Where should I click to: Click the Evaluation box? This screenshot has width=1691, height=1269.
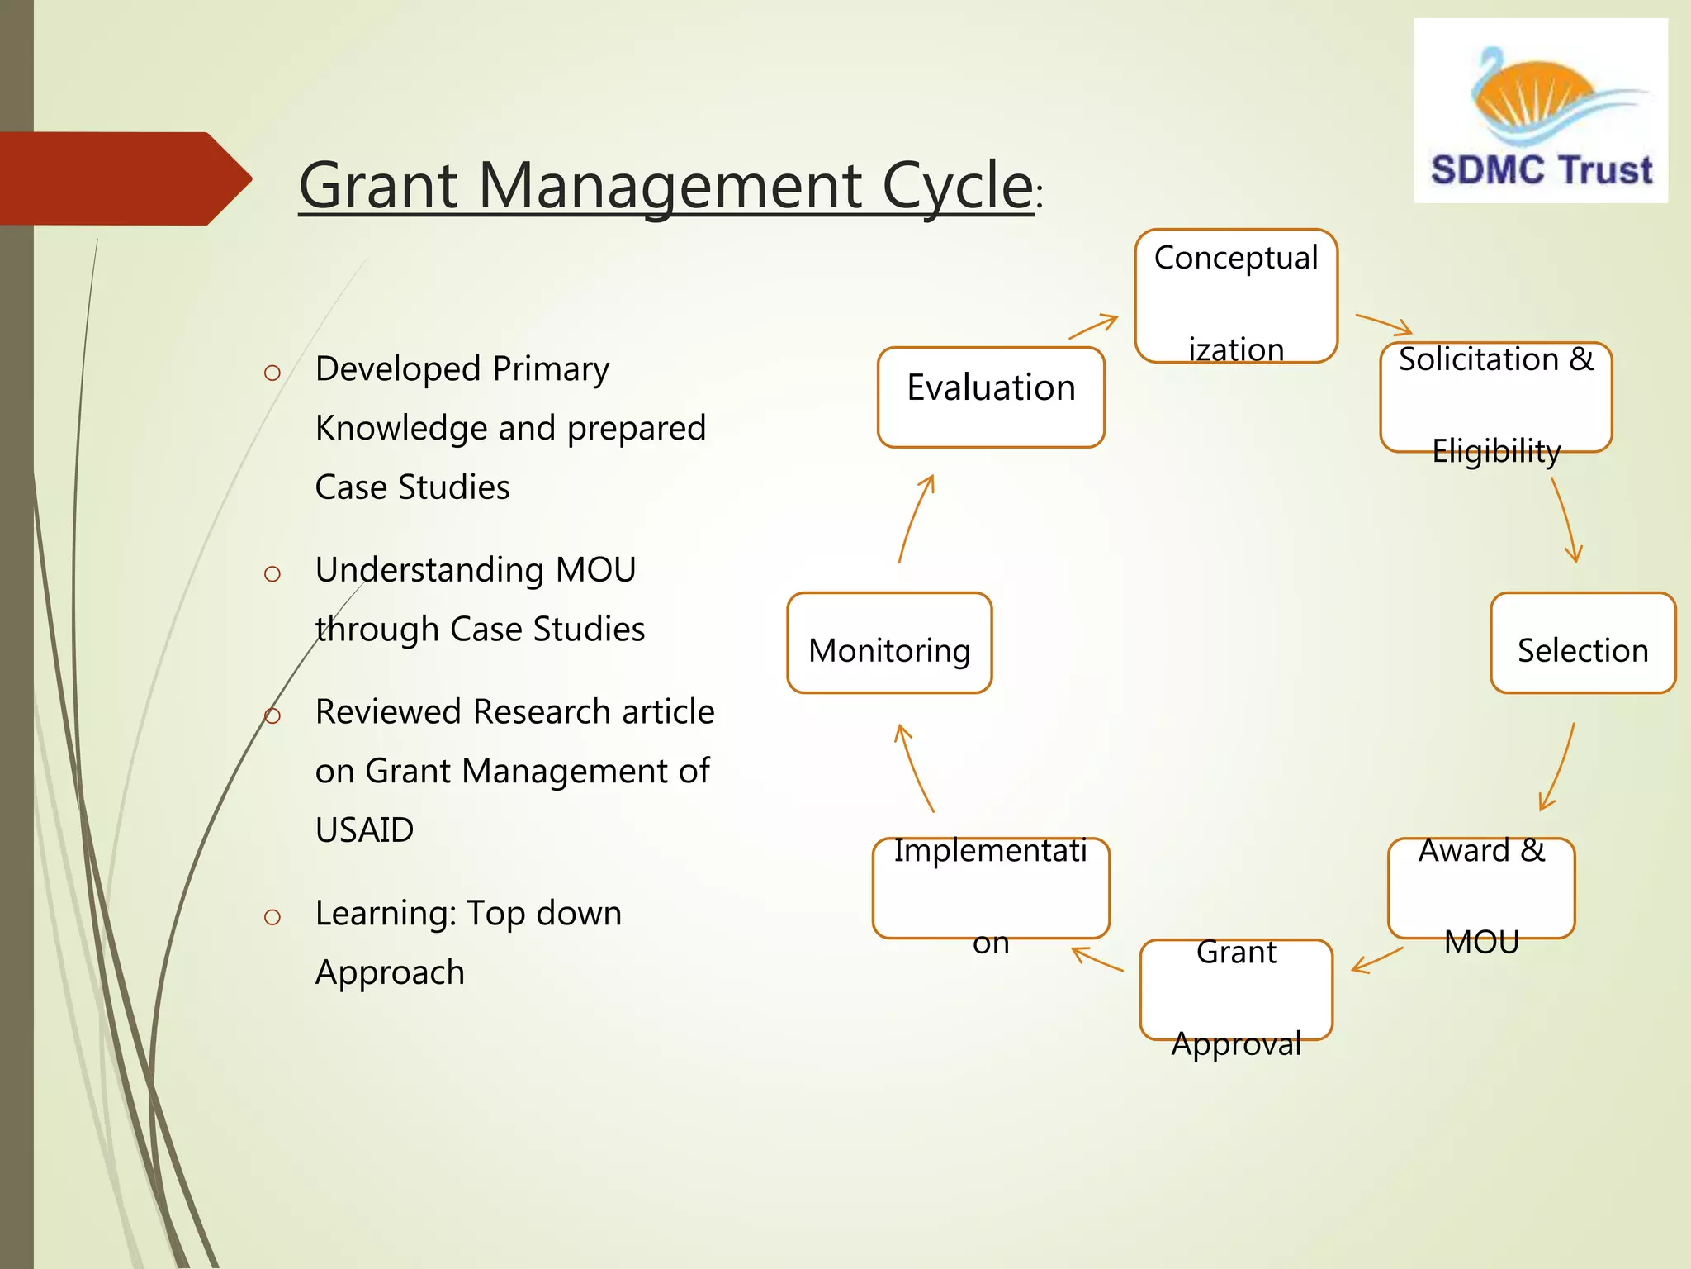[991, 397]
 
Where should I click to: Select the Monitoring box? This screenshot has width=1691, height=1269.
[889, 643]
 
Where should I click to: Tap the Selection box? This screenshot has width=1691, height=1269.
[1582, 643]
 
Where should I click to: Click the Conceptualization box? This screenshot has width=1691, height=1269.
[1236, 296]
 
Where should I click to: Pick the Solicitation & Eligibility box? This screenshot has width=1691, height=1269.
[1495, 397]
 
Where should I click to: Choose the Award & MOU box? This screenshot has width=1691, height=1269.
[1481, 888]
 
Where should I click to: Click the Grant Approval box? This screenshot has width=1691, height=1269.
[1236, 990]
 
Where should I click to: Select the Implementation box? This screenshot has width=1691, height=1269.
[991, 888]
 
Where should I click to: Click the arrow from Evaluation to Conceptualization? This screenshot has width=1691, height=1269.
[1094, 326]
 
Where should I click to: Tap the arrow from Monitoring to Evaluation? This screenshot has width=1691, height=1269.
[914, 518]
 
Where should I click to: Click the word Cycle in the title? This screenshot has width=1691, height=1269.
[957, 186]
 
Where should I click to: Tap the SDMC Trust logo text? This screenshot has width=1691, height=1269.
[1541, 170]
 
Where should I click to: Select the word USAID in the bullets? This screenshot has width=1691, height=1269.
[364, 829]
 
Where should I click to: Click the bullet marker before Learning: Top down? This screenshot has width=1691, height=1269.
[272, 916]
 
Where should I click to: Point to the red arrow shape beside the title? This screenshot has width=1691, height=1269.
[124, 178]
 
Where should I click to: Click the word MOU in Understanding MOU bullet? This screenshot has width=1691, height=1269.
[595, 570]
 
